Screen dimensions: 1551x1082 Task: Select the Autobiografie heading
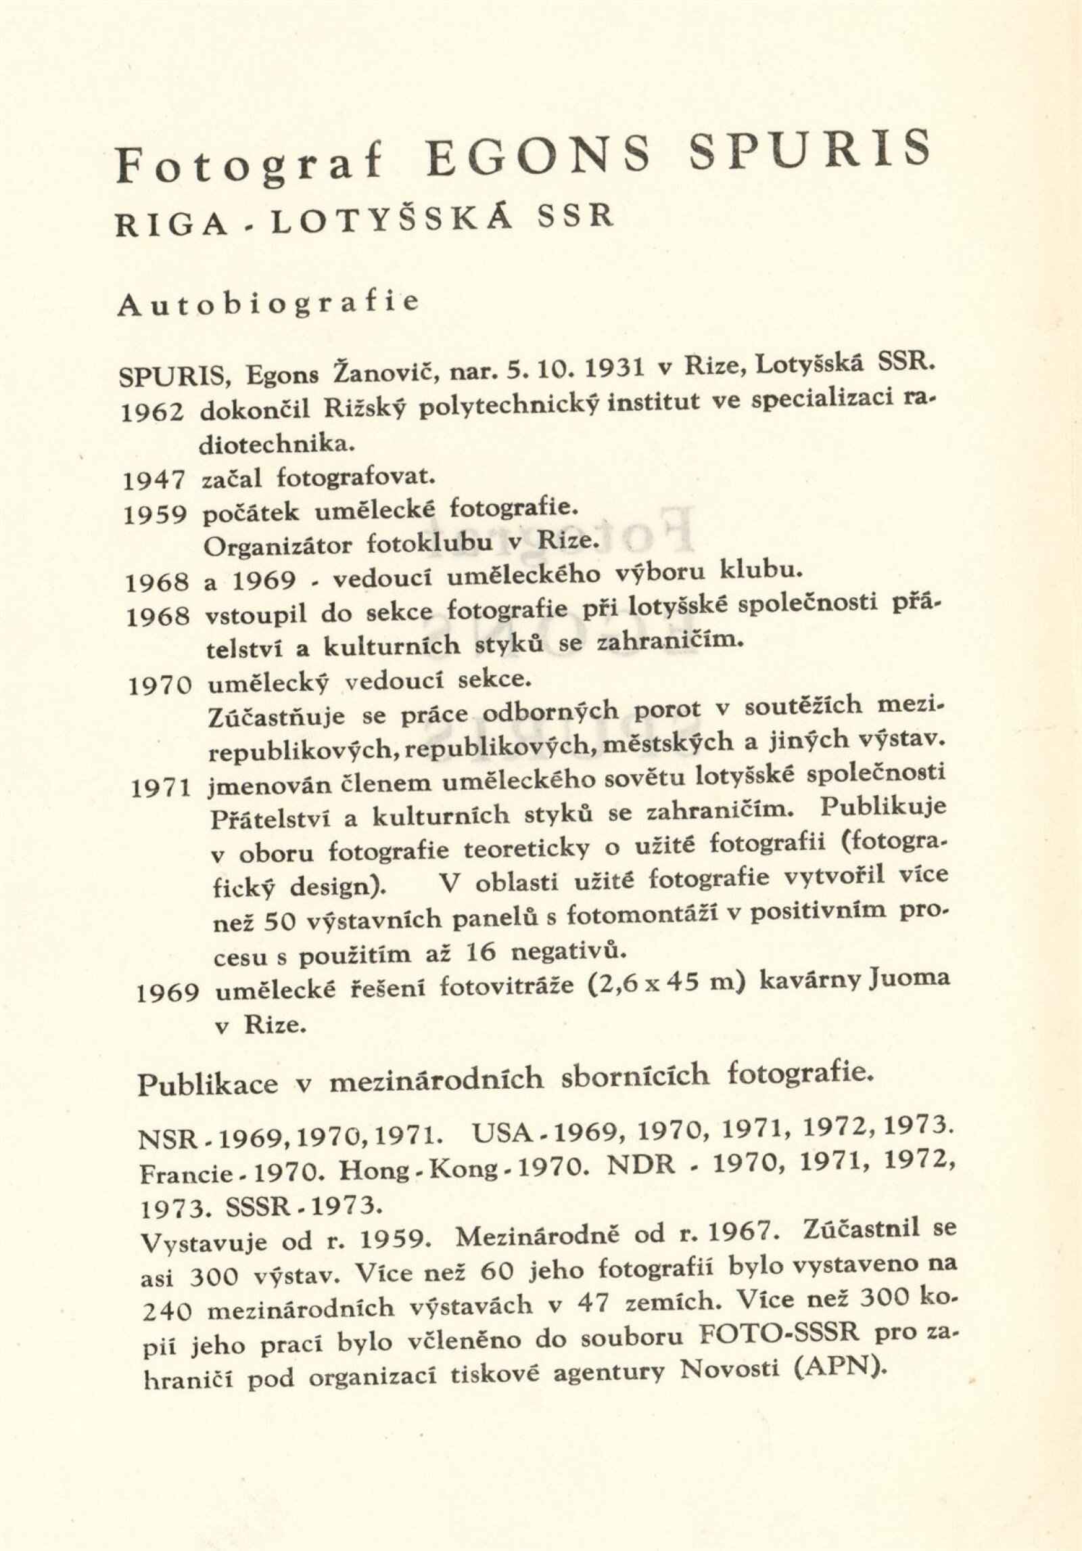268,304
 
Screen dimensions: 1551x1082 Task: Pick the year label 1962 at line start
154,413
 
